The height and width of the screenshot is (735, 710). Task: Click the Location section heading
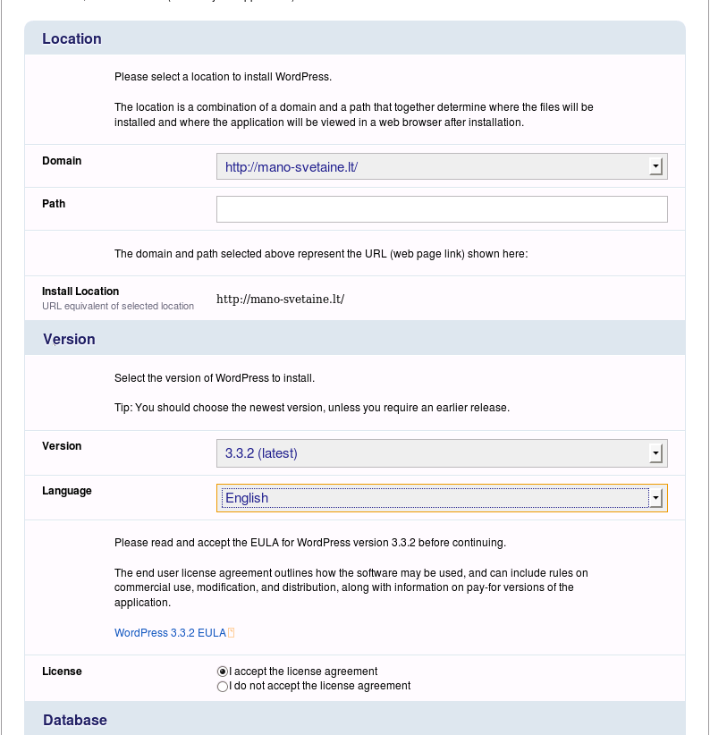coord(72,38)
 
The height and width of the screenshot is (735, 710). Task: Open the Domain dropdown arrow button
coord(655,166)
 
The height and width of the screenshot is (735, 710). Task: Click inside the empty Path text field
coord(442,209)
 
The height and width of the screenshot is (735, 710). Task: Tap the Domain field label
coord(62,161)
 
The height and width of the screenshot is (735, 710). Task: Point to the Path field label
coord(54,204)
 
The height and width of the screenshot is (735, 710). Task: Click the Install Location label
coord(80,291)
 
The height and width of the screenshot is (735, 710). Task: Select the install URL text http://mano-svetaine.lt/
coord(280,299)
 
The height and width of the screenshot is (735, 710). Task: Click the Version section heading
coord(69,339)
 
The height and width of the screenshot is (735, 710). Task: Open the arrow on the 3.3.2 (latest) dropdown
coord(655,453)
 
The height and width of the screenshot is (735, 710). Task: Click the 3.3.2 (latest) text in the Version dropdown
coord(261,453)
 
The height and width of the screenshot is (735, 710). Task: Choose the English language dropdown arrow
coord(655,498)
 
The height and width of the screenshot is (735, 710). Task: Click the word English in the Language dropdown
coord(247,498)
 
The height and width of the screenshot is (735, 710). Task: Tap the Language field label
coord(67,491)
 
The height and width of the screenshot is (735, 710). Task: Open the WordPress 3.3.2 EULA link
coord(170,632)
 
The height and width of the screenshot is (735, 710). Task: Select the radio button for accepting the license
coord(223,672)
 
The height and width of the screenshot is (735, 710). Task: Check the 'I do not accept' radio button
coord(223,687)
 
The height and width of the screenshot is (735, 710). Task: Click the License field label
coord(62,672)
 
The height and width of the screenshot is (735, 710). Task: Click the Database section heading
coord(75,720)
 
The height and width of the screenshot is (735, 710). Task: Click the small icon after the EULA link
coord(231,632)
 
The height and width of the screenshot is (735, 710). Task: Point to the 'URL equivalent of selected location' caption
coord(118,306)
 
